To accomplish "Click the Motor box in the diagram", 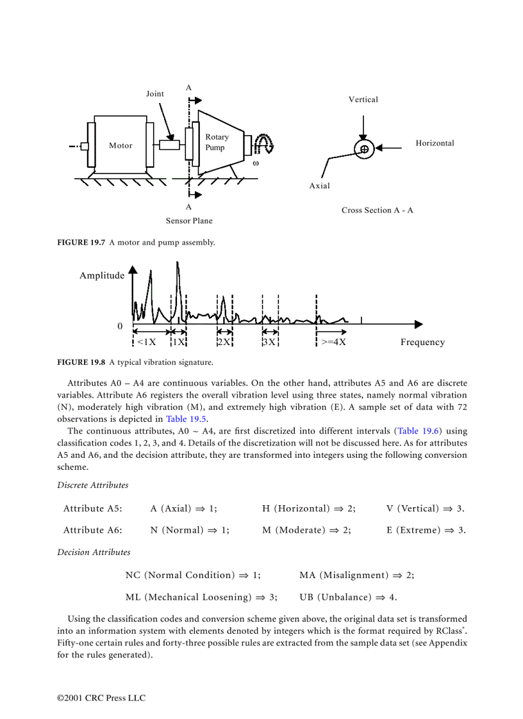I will click(x=120, y=145).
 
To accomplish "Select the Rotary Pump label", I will click(x=217, y=142).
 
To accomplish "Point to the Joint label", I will click(x=155, y=93).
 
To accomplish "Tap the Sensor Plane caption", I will click(x=189, y=221).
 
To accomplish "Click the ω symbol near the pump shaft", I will click(x=256, y=163).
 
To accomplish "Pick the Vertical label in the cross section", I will click(x=363, y=99).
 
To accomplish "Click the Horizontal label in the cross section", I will click(x=435, y=143).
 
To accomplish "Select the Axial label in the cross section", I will click(x=320, y=186).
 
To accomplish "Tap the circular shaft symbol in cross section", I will click(x=364, y=149).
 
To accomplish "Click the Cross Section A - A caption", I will click(x=377, y=210).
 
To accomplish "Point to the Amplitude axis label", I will click(x=102, y=275).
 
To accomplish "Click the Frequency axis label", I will click(x=422, y=342).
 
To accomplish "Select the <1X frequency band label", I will click(x=146, y=342).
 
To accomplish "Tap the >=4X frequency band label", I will click(x=333, y=342).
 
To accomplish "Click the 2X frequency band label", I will click(x=224, y=342).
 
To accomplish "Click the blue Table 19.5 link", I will click(x=187, y=419).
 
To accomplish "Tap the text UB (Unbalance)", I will click(x=335, y=597).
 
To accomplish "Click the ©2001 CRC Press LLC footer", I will click(x=101, y=697).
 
